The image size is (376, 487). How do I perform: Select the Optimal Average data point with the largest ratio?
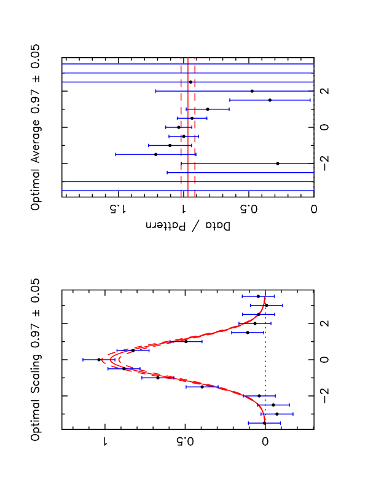155,154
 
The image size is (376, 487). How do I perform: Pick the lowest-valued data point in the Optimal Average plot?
278,163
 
